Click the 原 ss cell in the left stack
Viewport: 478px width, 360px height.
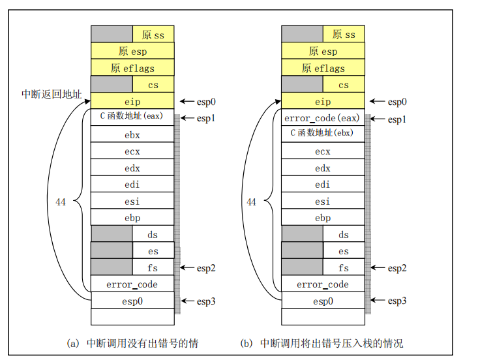pos(153,35)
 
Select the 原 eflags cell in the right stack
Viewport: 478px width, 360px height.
pos(323,68)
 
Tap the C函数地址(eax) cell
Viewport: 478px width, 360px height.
pos(132,117)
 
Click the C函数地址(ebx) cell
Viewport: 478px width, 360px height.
pos(323,134)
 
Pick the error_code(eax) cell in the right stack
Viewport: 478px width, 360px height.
pos(323,118)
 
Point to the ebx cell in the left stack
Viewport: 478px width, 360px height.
pos(132,135)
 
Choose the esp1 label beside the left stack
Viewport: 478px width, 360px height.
pos(206,119)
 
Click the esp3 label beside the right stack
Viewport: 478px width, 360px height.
pos(397,301)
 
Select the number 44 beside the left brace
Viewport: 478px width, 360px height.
pos(61,202)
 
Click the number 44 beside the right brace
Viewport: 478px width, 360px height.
pos(252,202)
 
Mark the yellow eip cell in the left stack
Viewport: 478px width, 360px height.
pos(132,101)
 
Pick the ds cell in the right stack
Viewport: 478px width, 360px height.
pos(344,234)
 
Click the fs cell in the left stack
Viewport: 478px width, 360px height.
pos(153,267)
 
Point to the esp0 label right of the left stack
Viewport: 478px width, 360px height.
pos(206,102)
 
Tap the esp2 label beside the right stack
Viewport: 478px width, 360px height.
pos(397,268)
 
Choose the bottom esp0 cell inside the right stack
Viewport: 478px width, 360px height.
pos(323,301)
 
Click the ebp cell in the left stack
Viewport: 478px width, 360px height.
pos(132,218)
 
